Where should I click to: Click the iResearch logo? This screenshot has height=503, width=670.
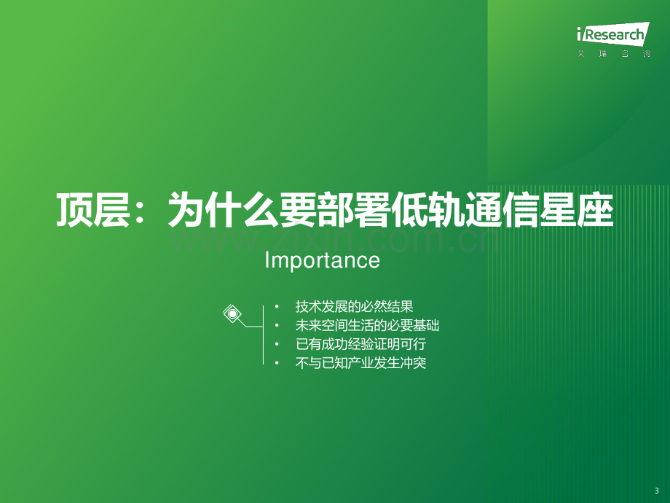point(613,34)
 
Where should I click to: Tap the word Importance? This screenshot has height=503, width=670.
point(322,260)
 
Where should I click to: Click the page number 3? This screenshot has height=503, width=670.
point(657,491)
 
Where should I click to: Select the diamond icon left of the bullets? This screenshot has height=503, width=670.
point(232,314)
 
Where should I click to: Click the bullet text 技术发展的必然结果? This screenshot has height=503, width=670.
point(354,307)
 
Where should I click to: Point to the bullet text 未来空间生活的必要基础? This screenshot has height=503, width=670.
point(367,326)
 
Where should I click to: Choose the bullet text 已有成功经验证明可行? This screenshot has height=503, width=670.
point(360,344)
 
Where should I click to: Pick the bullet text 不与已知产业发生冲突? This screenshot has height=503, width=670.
point(360,363)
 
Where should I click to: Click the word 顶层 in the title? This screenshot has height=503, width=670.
point(93,210)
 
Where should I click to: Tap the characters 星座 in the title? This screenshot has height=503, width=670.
point(577,210)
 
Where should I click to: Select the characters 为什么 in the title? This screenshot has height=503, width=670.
point(224,210)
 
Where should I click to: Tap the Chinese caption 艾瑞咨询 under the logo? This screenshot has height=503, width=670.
point(614,54)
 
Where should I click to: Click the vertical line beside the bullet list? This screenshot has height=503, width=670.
point(263,335)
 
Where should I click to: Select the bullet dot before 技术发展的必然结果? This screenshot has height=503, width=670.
point(277,307)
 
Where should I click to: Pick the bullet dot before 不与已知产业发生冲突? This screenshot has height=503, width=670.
point(277,363)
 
